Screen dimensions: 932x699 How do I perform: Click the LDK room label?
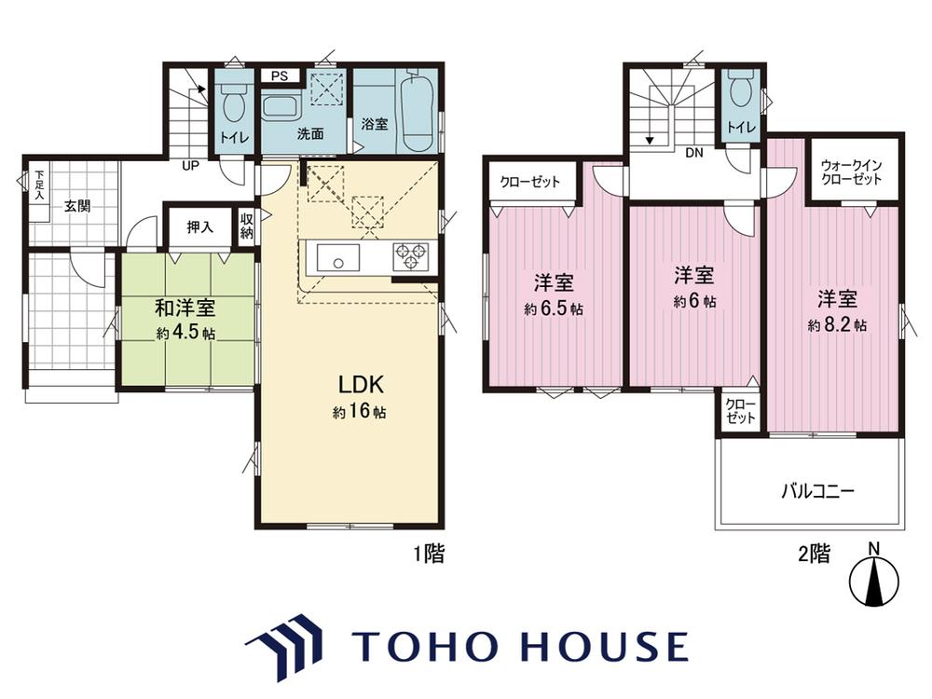361,385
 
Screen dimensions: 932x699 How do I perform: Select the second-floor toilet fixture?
740,92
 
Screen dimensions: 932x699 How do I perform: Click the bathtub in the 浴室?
416,113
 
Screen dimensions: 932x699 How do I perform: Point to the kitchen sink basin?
337,258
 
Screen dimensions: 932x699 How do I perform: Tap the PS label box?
280,76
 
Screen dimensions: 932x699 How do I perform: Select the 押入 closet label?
199,226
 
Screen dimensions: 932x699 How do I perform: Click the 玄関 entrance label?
77,206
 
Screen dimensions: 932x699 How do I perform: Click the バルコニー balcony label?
817,491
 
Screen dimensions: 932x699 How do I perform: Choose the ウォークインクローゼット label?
851,171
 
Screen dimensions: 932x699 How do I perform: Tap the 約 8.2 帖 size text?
837,325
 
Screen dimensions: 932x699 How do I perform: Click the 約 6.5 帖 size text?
554,309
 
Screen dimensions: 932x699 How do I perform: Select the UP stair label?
190,166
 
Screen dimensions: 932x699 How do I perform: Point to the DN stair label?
693,153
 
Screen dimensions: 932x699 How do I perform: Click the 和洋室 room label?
185,308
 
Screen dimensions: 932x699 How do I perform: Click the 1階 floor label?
429,554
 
